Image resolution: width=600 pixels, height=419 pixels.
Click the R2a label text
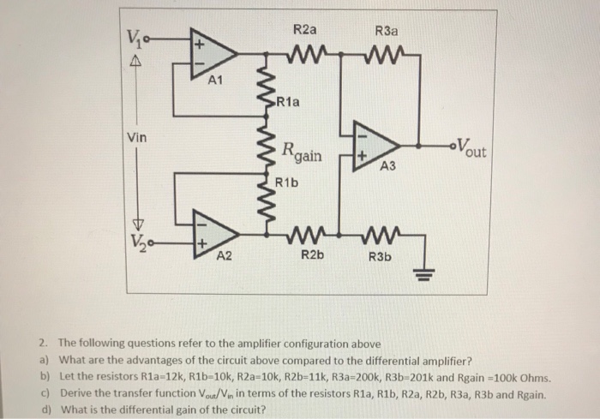pos(304,30)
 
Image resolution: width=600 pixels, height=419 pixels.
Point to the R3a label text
pos(387,31)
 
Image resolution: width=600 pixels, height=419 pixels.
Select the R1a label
pos(289,104)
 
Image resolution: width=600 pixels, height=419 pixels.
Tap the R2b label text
pos(310,255)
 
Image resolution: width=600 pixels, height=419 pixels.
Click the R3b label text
pos(381,255)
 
